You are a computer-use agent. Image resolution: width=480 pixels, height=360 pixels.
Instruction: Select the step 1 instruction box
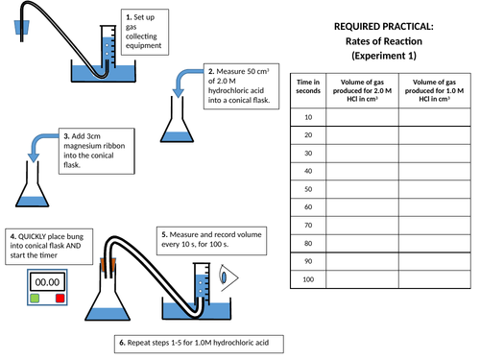(147, 32)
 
